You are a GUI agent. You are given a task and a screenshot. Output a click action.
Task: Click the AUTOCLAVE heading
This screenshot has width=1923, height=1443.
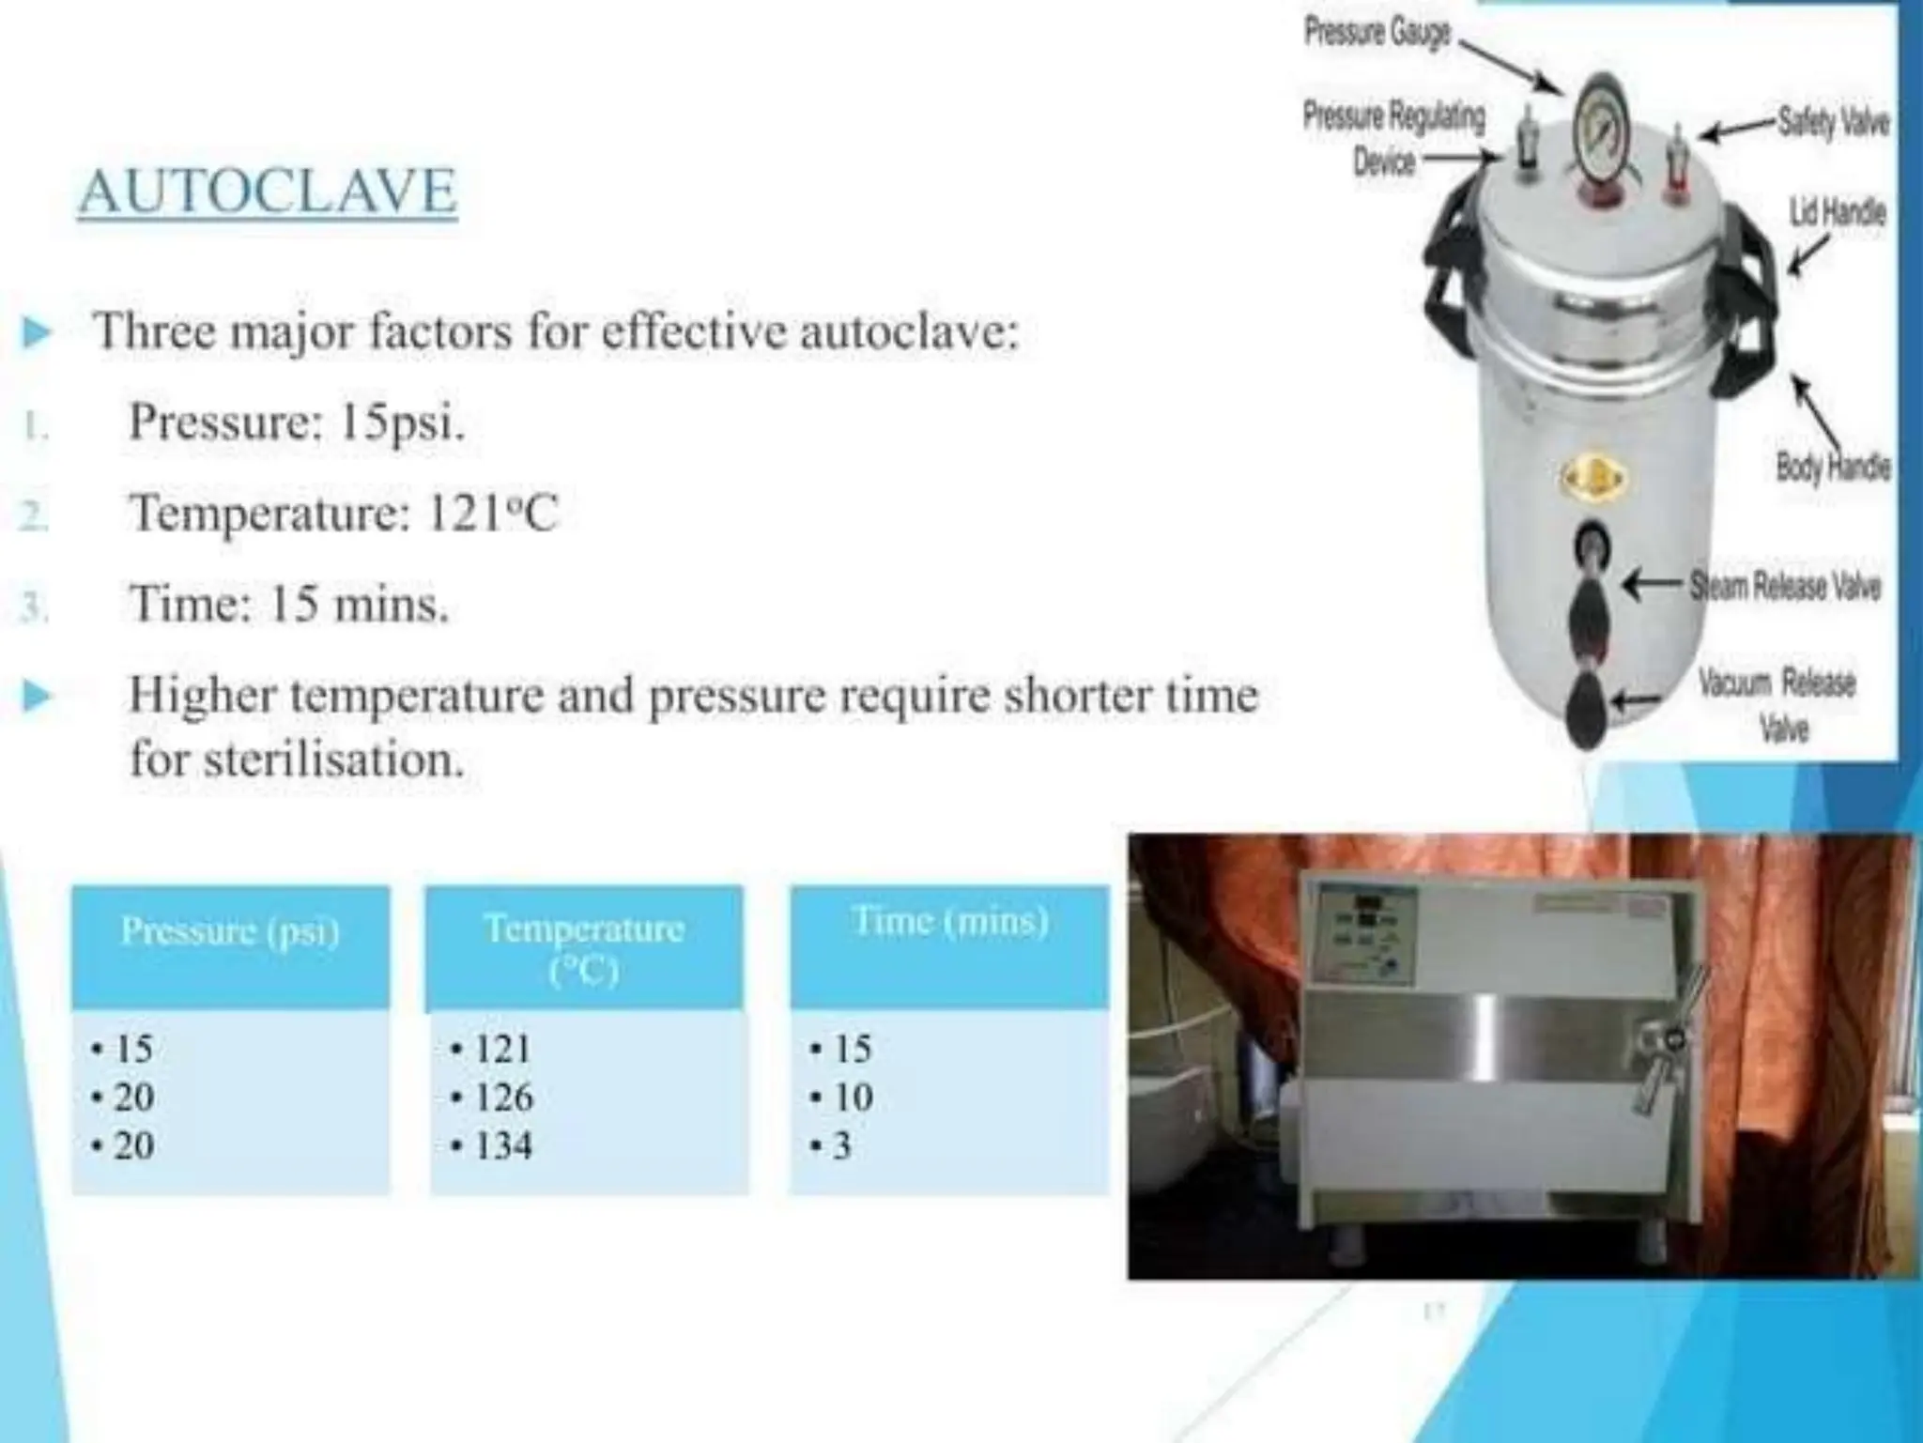pos(268,192)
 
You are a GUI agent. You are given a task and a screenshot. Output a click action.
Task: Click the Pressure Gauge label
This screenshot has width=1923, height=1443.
pos(1377,33)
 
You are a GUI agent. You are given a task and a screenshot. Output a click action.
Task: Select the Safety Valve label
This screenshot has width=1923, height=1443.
pos(1832,123)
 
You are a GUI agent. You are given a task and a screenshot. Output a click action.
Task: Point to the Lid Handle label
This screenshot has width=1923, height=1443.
pos(1837,212)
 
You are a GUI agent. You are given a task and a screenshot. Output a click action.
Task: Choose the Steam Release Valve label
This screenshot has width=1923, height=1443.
pos(1785,587)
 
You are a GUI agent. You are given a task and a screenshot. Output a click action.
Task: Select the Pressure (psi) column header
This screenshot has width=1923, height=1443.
pos(230,930)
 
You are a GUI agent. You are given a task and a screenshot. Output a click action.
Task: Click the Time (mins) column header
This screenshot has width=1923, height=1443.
pos(950,921)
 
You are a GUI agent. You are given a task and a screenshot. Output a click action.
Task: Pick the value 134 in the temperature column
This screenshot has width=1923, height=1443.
pos(503,1145)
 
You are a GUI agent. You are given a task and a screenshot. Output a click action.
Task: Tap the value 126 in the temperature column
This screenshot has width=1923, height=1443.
pos(503,1097)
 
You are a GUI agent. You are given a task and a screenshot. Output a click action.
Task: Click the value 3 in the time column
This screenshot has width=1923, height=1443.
pos(842,1145)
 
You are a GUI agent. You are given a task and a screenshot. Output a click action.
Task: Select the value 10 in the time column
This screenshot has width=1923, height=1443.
pos(853,1097)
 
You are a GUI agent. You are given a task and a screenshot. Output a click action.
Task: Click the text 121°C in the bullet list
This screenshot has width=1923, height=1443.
pos(492,514)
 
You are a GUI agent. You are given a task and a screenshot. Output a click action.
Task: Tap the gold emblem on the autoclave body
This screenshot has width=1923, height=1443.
pos(1592,479)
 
